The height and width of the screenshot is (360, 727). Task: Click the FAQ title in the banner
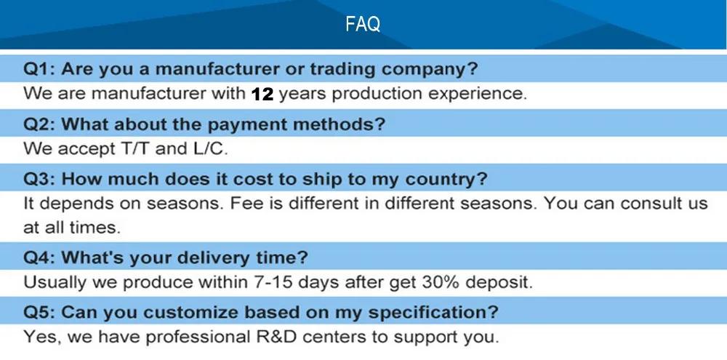coord(363,25)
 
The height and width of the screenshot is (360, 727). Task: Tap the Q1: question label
coord(39,70)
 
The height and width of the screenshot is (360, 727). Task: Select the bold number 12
coord(262,94)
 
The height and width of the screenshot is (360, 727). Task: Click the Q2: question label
coord(39,124)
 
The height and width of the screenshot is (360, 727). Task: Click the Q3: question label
coord(39,178)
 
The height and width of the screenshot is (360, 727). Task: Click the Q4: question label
coord(39,257)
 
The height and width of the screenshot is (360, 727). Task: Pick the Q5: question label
coord(39,313)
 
